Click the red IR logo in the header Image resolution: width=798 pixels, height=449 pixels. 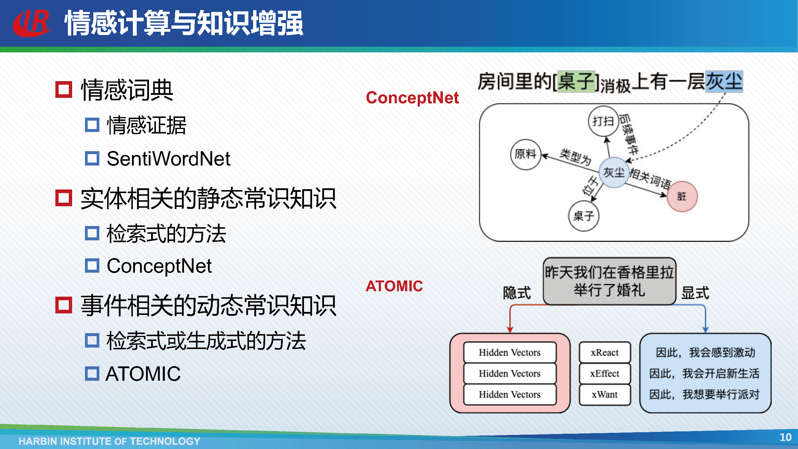point(32,23)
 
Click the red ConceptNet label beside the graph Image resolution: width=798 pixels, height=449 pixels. point(412,98)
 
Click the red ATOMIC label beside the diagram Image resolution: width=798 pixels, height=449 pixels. point(394,286)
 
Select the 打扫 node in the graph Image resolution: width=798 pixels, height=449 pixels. point(603,121)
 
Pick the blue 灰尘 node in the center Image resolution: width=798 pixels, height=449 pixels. point(614,172)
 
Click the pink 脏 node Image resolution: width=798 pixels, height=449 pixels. point(682,196)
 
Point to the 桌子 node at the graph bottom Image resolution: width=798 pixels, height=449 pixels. point(584,216)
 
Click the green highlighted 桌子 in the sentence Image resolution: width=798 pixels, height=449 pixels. point(576,81)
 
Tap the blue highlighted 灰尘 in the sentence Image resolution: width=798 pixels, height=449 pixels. point(724,81)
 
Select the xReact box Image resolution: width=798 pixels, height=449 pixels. point(605,352)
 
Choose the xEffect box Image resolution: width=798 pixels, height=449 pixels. point(605,373)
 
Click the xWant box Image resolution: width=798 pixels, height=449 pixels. point(605,395)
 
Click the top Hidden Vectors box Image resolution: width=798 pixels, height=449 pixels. point(510,352)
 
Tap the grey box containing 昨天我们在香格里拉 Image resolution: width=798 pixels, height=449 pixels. point(609,281)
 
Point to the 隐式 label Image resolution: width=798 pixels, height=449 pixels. point(517,293)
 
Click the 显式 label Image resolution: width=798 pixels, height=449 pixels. point(695,293)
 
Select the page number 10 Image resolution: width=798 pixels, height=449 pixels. point(785,437)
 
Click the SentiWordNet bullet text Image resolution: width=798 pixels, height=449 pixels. point(168,159)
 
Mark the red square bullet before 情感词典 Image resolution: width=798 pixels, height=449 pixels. point(63,90)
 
